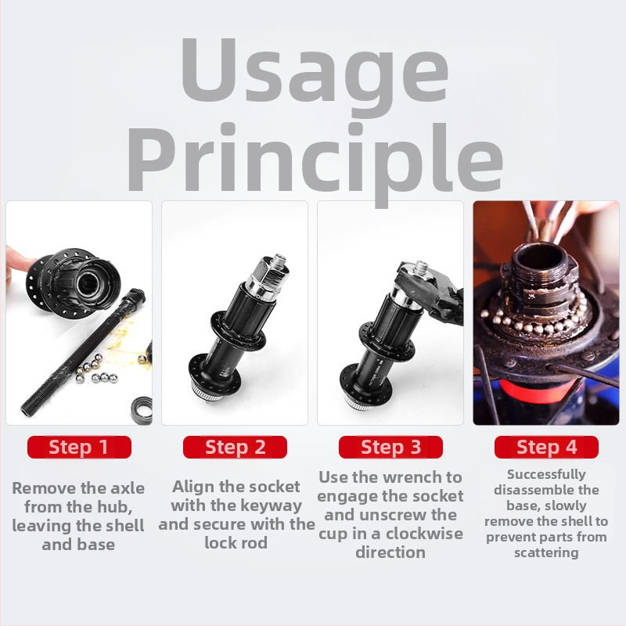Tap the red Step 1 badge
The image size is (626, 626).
pyautogui.click(x=79, y=447)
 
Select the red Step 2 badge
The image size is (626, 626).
pyautogui.click(x=235, y=447)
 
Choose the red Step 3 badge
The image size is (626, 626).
pyautogui.click(x=390, y=447)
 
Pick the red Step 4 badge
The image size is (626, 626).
pyautogui.click(x=546, y=447)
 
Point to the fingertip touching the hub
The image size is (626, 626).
pyautogui.click(x=16, y=261)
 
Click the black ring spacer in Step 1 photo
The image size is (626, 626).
pyautogui.click(x=142, y=410)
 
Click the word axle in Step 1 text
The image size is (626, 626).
pyautogui.click(x=128, y=487)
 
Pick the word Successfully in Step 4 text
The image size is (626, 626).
pyautogui.click(x=546, y=475)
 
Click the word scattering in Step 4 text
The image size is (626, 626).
pyautogui.click(x=546, y=553)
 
